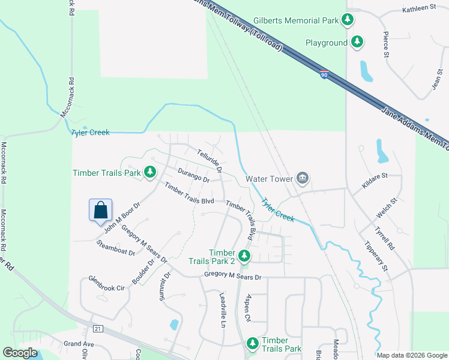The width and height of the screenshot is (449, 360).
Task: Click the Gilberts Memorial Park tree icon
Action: [x=348, y=20]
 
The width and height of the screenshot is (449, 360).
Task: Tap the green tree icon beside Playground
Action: [x=358, y=42]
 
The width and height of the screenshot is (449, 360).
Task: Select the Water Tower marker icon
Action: [x=303, y=178]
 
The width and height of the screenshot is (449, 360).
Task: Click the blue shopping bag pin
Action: [x=101, y=211]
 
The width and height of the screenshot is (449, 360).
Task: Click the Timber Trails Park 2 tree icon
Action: [x=244, y=257]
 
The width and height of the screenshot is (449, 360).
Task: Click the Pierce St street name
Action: [x=386, y=44]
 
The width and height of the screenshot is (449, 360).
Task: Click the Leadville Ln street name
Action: [x=222, y=306]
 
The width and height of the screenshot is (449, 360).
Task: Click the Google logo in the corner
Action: [x=20, y=353]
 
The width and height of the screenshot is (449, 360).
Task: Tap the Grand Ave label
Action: [x=80, y=344]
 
